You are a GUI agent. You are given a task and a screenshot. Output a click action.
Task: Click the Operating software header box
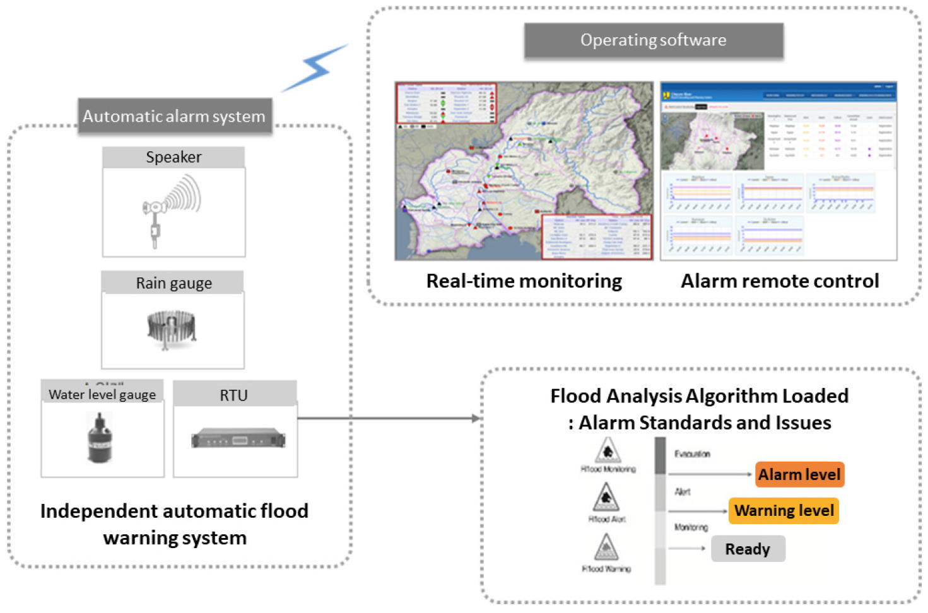654,40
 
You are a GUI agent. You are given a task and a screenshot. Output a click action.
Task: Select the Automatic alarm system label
174,117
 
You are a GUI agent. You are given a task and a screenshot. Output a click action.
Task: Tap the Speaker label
173,157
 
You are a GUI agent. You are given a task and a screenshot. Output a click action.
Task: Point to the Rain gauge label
173,283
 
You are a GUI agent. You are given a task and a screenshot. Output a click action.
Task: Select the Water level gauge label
102,395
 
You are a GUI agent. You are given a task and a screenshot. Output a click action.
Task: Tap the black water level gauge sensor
99,437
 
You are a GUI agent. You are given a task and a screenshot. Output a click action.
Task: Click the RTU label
233,395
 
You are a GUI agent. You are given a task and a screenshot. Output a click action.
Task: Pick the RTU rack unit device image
238,438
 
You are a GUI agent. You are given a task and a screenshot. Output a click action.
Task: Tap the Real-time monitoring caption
524,281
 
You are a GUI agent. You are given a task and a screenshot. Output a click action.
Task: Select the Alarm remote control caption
780,281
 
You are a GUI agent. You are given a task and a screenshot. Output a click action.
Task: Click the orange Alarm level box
799,475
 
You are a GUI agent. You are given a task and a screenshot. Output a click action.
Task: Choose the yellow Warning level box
784,511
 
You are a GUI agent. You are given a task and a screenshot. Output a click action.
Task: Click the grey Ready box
748,549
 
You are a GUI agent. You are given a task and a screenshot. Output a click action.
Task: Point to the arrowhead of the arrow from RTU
477,418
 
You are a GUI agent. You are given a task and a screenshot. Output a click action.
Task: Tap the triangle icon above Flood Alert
606,498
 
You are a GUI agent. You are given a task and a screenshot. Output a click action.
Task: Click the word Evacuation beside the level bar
692,454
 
